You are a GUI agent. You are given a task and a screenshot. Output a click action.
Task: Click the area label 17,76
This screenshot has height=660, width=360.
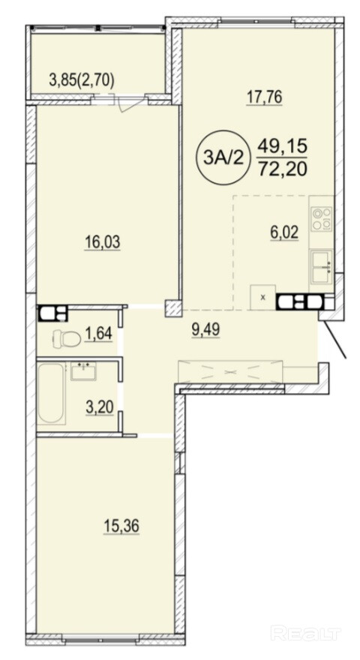point(264,97)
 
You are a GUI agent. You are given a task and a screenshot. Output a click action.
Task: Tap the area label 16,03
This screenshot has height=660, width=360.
point(102,242)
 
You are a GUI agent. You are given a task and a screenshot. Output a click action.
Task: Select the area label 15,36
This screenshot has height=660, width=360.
point(121,526)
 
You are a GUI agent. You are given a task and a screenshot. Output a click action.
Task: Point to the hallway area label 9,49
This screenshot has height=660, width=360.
point(205,331)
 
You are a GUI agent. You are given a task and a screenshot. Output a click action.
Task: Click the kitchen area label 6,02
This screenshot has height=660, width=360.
point(284,231)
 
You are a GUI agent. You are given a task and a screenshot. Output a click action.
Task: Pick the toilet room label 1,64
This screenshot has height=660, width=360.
point(98,334)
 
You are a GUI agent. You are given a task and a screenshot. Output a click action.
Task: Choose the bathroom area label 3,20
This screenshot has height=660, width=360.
point(99,407)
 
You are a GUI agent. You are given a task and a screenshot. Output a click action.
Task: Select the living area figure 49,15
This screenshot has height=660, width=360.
point(283,147)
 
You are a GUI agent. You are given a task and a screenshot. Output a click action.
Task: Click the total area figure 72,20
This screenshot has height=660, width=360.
point(283,168)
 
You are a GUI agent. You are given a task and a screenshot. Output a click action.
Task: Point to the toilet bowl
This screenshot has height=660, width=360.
point(67,338)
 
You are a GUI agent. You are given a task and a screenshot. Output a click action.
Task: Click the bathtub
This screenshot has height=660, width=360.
point(51,393)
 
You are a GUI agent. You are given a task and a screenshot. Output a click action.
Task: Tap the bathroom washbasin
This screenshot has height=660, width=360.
point(83,370)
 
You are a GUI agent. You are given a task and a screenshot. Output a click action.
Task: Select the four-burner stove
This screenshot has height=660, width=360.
point(322,219)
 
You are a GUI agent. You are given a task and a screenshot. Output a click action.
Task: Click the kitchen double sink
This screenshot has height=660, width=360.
point(321,266)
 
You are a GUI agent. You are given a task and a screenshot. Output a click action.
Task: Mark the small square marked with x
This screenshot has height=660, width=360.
point(263,298)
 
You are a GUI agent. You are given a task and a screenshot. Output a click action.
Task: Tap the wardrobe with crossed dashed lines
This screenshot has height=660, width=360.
point(230,372)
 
